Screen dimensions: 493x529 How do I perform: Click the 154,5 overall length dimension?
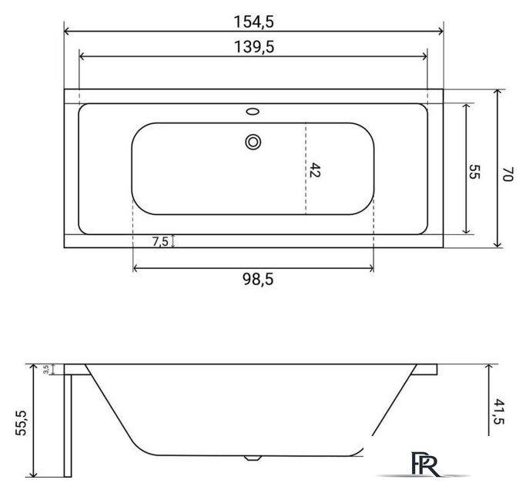coord(254,17)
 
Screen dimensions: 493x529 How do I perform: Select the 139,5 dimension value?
coord(254,45)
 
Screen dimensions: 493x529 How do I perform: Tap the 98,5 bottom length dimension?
coord(253,280)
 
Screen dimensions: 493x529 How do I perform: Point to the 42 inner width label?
coord(314,169)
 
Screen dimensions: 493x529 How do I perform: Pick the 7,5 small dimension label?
coord(160,241)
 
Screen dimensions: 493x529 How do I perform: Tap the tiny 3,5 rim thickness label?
coord(46,370)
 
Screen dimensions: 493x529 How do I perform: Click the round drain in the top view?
coord(253,141)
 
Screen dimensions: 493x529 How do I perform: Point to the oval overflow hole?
coord(253,112)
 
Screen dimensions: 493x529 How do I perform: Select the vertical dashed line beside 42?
coord(306,169)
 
